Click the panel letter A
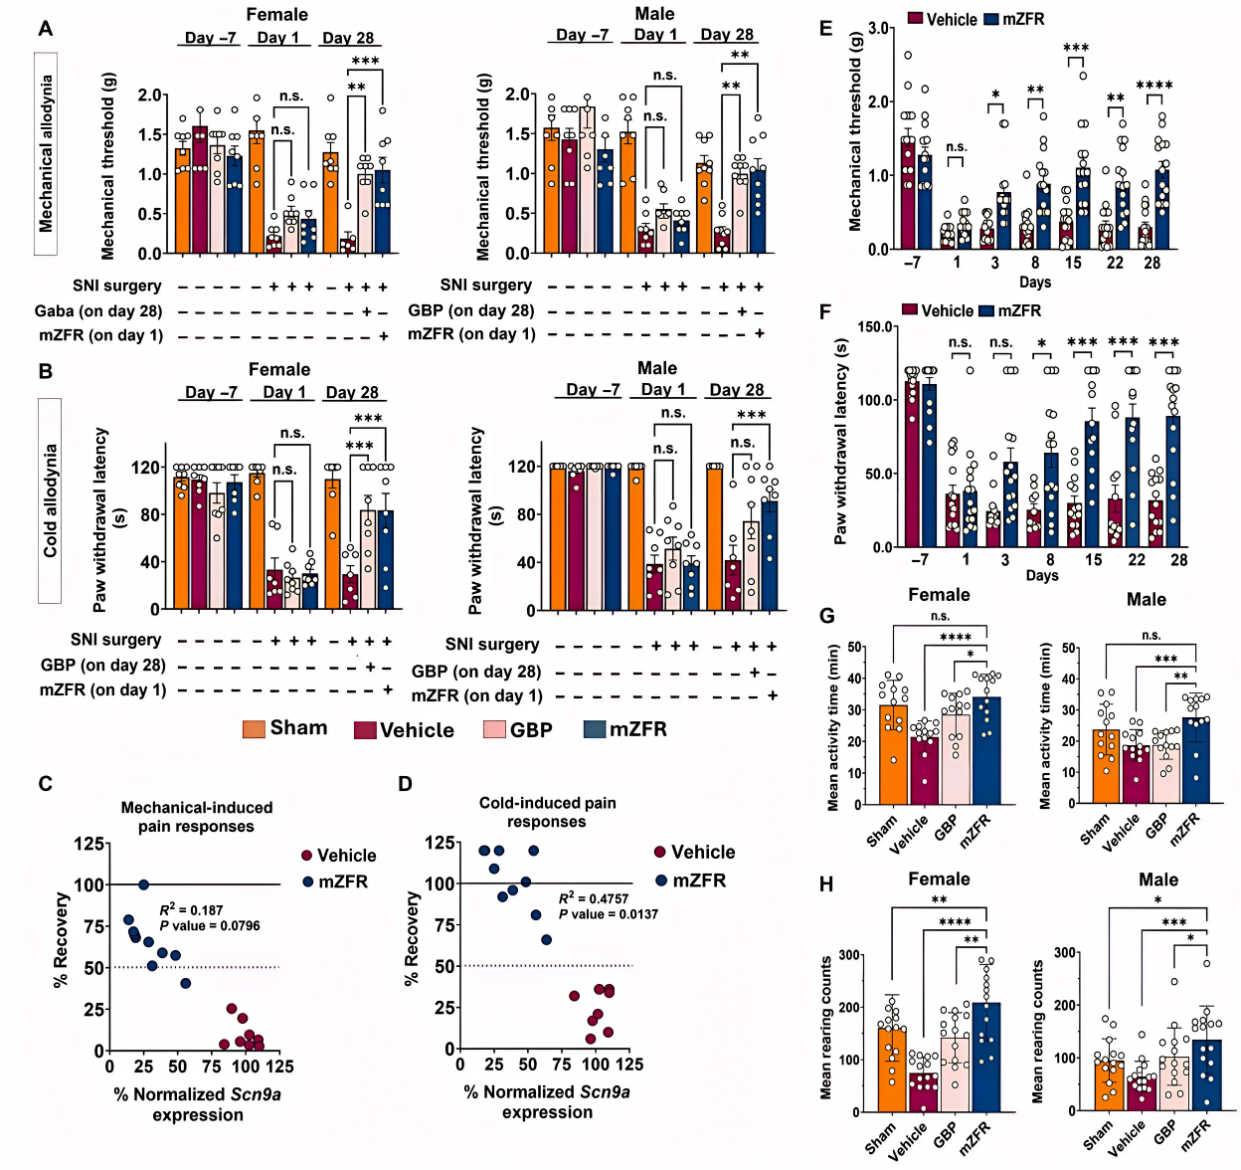[x=46, y=29]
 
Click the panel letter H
[x=826, y=884]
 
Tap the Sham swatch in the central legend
[x=254, y=729]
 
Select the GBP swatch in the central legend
[x=494, y=730]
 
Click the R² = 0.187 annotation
[x=192, y=909]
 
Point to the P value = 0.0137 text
[x=608, y=914]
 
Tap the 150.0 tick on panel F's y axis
[x=875, y=327]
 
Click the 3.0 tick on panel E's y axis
[x=878, y=29]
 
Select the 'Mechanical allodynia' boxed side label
[x=46, y=154]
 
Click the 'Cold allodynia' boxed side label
[x=50, y=500]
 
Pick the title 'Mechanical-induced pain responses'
[x=196, y=817]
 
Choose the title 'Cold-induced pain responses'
[x=547, y=812]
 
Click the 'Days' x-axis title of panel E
[x=1035, y=283]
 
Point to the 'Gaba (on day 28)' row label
[x=98, y=311]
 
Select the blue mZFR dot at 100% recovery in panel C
[x=143, y=884]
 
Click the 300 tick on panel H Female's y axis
[x=849, y=955]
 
